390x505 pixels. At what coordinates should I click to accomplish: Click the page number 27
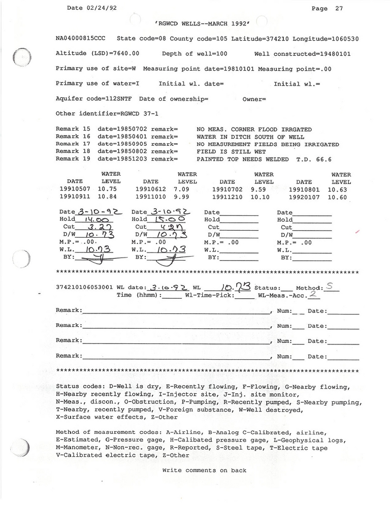click(x=339, y=8)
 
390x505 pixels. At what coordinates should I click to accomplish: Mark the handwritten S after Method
click(x=329, y=287)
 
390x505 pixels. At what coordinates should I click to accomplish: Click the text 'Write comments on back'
click(x=204, y=470)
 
